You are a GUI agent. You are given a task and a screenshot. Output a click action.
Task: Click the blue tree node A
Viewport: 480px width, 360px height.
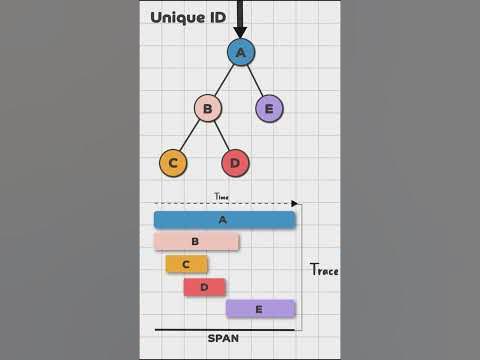point(241,52)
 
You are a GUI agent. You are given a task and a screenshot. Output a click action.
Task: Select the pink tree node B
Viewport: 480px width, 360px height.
point(207,108)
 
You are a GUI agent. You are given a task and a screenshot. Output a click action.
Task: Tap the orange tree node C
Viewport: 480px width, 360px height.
point(173,163)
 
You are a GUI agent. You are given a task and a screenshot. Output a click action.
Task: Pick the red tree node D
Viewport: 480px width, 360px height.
point(235,163)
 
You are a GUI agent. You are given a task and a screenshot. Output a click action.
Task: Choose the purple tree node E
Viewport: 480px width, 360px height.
point(269,108)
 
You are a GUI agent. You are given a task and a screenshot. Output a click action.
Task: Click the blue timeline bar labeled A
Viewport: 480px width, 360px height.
point(224,220)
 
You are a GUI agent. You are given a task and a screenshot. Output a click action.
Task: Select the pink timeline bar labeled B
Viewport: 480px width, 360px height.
point(196,241)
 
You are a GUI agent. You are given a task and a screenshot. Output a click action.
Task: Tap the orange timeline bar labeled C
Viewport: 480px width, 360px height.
point(187,264)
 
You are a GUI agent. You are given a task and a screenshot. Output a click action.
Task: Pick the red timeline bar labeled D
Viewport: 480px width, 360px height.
point(205,287)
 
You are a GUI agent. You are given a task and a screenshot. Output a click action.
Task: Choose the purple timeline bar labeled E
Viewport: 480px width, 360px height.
point(260,309)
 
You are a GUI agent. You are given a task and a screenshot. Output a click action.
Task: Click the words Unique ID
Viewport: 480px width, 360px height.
point(188,17)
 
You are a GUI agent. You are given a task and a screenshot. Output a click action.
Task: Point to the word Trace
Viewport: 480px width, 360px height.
point(324,270)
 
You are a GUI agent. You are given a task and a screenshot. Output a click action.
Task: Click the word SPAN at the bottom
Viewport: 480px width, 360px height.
point(223,338)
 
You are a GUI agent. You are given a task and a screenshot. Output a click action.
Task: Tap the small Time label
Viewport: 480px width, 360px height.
point(222,197)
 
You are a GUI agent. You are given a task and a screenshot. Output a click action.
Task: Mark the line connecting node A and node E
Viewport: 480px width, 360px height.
point(255,80)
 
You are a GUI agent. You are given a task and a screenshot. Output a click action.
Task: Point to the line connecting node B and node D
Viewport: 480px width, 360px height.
point(221,136)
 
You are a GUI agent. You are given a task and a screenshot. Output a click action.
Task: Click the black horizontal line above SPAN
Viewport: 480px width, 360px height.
point(224,329)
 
